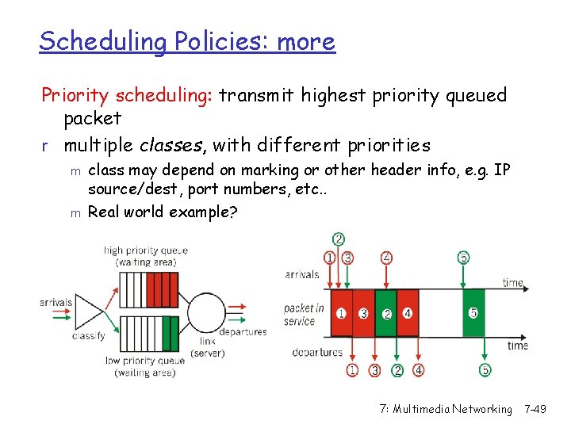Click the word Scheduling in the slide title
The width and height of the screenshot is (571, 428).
pos(102,41)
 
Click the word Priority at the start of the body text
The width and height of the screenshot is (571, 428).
pos(75,96)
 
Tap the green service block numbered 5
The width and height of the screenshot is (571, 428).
pos(473,313)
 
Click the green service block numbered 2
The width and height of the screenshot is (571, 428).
pos(386,314)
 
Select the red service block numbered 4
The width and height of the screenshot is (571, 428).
pos(408,313)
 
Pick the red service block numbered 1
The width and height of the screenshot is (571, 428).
pos(341,313)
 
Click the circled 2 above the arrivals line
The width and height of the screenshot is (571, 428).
pos(339,239)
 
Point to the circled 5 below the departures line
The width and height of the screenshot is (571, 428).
pos(485,370)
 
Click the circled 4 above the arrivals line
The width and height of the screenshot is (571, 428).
pos(386,257)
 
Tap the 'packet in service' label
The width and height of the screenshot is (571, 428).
pos(304,315)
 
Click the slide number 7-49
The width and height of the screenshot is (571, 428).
pos(544,409)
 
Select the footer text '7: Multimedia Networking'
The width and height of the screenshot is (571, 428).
pos(446,409)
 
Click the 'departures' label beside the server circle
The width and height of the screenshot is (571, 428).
pos(243,332)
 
